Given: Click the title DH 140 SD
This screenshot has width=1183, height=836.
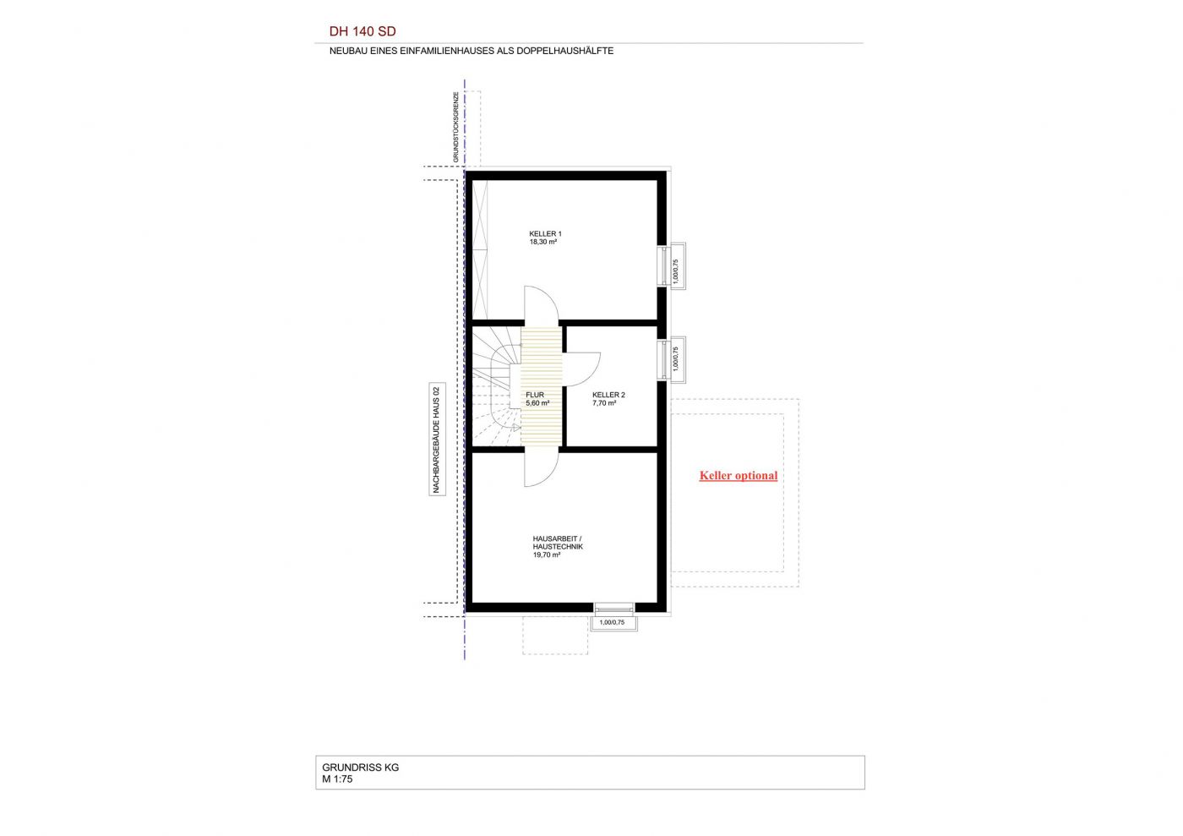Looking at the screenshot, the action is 363,32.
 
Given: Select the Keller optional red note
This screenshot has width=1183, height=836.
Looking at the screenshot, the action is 739,476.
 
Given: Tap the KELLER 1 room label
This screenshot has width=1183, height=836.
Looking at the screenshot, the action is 546,233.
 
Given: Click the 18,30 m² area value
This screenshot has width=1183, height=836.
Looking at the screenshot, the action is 543,242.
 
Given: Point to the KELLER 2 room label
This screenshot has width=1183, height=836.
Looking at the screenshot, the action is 608,395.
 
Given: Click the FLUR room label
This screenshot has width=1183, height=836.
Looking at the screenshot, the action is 534,395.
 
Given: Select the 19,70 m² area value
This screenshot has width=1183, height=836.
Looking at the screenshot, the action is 547,555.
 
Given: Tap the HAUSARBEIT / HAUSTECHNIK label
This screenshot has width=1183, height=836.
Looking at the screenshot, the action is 558,543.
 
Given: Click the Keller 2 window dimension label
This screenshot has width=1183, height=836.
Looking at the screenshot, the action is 675,358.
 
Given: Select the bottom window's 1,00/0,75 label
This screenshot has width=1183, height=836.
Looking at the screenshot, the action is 612,622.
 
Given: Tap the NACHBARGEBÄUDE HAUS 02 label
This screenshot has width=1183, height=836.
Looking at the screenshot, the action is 436,440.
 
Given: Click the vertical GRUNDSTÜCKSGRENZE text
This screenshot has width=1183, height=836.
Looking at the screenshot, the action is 455,128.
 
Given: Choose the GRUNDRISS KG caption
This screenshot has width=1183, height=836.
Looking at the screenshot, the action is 361,768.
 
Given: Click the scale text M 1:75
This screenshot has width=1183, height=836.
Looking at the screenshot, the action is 337,779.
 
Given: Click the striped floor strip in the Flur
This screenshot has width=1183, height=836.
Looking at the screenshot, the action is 541,386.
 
